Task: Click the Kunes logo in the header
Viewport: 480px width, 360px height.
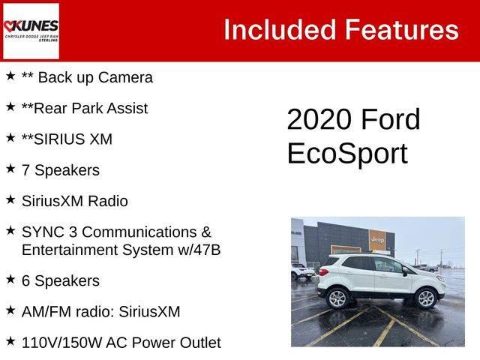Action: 31,31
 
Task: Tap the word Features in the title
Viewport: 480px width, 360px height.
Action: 400,30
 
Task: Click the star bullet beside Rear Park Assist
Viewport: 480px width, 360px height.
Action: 10,107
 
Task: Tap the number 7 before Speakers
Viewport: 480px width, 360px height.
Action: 26,170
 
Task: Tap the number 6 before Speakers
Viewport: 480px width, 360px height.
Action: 26,281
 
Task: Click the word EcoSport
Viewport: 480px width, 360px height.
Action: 346,153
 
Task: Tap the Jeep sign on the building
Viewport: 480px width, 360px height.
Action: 377,240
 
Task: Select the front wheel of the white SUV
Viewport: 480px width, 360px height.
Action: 425,298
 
